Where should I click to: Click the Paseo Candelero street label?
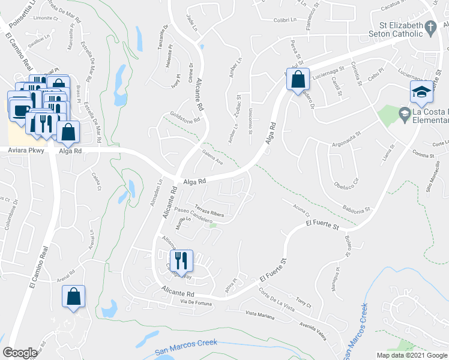194,216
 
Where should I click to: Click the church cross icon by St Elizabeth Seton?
430,27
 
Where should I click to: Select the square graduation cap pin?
421,92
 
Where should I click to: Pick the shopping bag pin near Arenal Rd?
73,296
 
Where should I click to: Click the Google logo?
20,352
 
